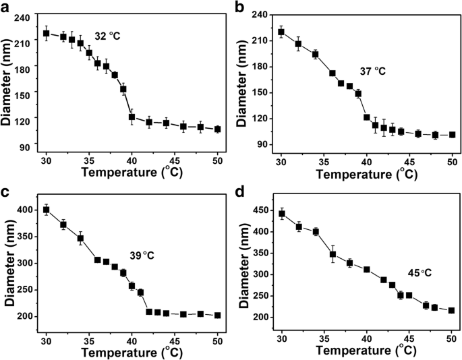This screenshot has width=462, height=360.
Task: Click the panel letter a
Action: tap(6, 7)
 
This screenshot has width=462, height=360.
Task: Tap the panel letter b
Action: tap(239, 7)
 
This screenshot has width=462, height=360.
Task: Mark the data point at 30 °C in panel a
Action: tap(47, 33)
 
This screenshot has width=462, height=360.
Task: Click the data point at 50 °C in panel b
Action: tap(452, 134)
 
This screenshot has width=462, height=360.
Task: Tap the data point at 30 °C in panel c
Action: tap(47, 210)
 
